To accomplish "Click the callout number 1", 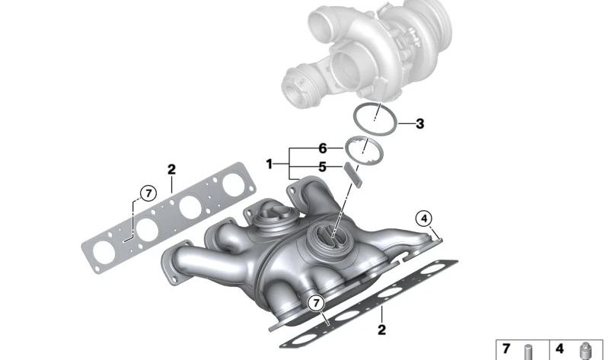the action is (x=269, y=164).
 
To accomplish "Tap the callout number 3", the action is (x=419, y=124).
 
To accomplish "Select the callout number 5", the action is (x=322, y=167).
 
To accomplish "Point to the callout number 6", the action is (x=323, y=148).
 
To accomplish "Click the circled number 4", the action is (x=424, y=218).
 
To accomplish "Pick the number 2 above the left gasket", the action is (x=172, y=169).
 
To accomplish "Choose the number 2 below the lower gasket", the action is (x=382, y=330).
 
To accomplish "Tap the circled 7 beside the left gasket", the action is (x=148, y=193).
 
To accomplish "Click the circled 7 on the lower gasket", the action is (x=316, y=303).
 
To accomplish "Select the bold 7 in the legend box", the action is (x=506, y=349).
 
